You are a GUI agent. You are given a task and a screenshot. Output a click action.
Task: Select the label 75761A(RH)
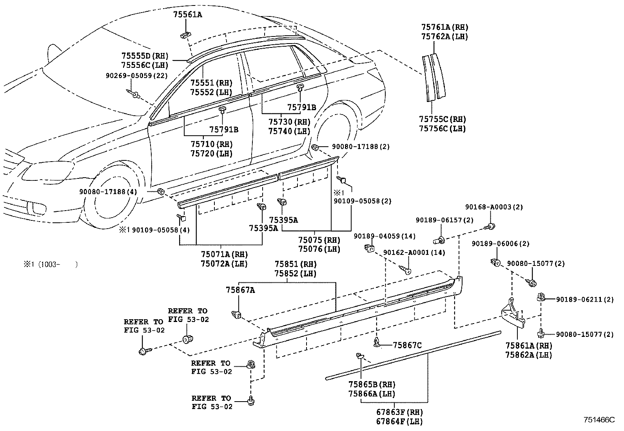tap(444, 27)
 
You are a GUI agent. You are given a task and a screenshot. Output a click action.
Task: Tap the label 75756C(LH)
tap(442, 129)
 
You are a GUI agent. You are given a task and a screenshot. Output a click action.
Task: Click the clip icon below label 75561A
tap(185, 35)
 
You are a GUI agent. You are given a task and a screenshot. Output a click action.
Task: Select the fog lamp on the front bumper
tap(38, 207)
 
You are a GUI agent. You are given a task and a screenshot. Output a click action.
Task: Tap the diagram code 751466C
tap(599, 420)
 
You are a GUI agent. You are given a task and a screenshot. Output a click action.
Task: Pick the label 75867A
tap(240, 290)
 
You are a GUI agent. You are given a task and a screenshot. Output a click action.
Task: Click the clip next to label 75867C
tap(377, 343)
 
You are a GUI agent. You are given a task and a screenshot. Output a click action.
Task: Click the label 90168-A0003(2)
tap(494, 207)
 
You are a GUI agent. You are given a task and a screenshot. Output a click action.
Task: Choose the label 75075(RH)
tap(319, 240)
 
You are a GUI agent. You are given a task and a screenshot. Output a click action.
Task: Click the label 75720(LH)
tap(211, 154)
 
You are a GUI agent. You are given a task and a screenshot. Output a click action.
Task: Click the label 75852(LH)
tap(295, 274)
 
